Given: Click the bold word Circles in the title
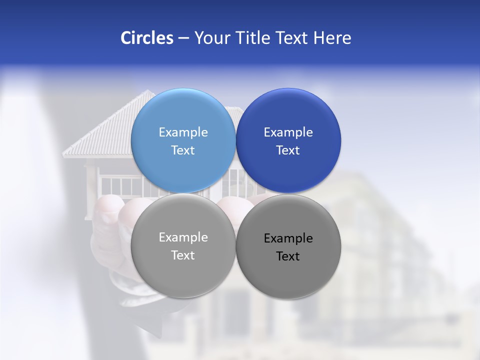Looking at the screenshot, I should coord(147,38).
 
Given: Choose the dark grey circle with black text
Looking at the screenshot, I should coord(288,275).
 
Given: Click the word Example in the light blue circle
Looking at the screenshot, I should coord(183,132).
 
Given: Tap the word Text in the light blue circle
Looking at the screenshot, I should coord(183,150).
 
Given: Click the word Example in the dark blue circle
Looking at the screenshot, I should coord(288,132).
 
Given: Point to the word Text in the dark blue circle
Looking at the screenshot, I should coord(288,150).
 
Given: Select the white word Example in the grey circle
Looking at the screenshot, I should coord(183,237).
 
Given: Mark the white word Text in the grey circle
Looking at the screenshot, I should coord(183,255).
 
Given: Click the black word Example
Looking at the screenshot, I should coord(288,238).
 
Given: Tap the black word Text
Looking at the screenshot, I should coord(288,256).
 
